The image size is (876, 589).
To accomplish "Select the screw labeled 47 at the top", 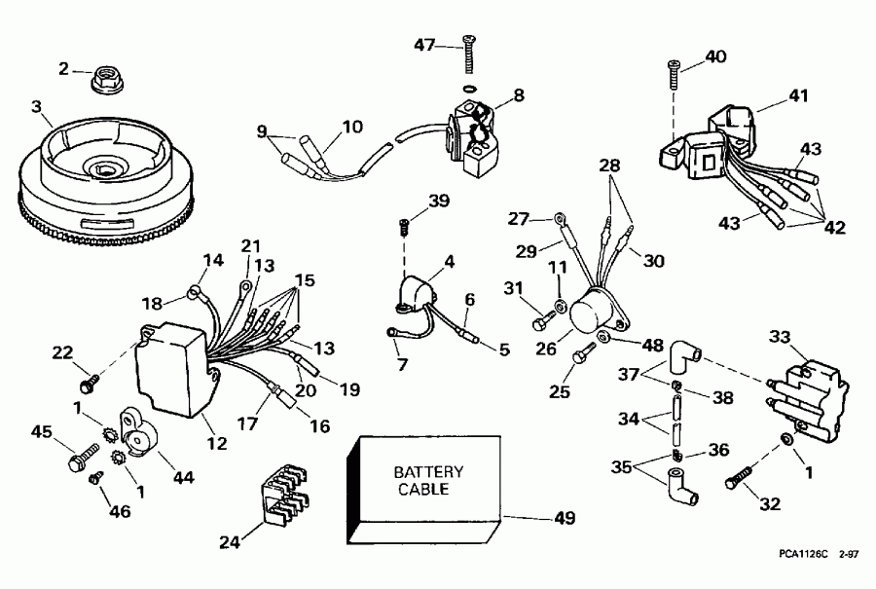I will point(470,55).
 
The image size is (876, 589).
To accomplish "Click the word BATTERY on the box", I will point(428,472).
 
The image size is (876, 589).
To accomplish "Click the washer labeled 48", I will point(603,338).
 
